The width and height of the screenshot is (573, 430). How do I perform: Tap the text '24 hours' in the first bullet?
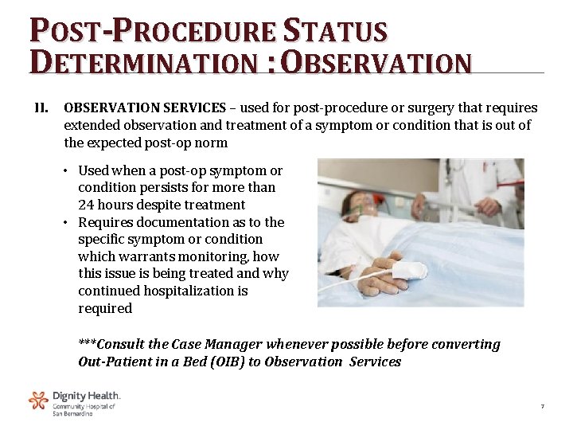(x=103, y=205)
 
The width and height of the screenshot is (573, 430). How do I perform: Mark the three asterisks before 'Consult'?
(x=87, y=345)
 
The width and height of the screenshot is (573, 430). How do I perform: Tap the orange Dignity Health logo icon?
(x=38, y=401)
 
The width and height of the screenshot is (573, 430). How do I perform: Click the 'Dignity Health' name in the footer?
(x=86, y=396)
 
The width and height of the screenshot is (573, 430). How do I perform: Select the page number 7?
(x=542, y=407)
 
